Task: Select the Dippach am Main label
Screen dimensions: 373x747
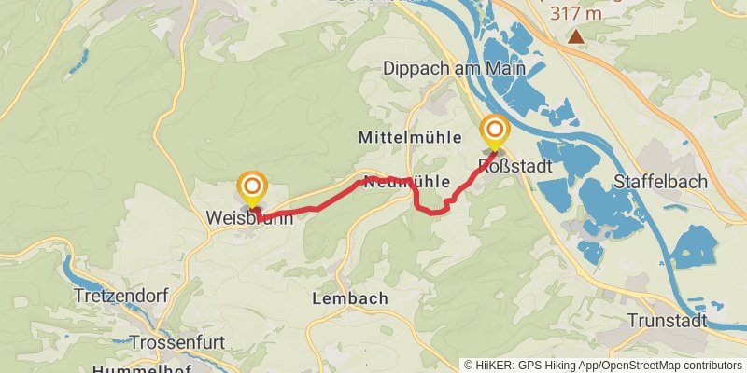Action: [454, 68]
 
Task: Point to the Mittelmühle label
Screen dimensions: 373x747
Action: [410, 137]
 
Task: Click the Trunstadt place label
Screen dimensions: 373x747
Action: [667, 321]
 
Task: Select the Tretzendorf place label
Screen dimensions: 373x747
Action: [120, 297]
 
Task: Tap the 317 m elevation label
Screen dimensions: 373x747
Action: [576, 13]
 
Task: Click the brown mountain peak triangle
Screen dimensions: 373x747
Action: [577, 37]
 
